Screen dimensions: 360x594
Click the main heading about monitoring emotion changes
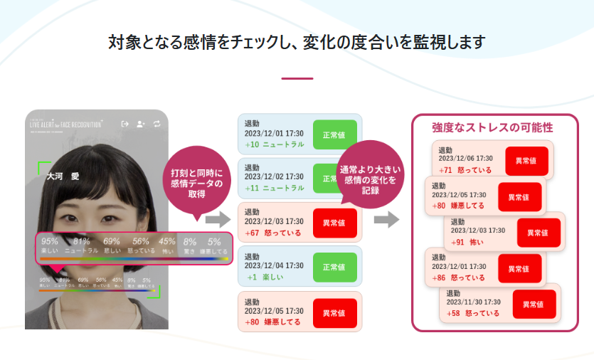point(297,42)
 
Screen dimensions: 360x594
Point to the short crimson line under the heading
point(297,78)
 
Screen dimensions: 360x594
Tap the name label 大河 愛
point(63,174)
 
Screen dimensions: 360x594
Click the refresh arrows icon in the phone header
point(157,124)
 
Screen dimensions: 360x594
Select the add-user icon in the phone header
point(141,124)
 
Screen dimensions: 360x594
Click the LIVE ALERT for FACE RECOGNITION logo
point(65,123)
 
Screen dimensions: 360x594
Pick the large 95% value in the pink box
point(50,241)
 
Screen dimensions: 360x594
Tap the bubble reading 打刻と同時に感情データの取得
point(197,179)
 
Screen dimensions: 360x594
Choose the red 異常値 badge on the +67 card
point(334,223)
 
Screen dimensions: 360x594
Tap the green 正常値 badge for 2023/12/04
point(334,267)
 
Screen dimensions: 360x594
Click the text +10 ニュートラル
point(274,144)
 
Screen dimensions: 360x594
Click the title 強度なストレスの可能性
point(492,127)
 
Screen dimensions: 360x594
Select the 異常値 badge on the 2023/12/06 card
point(526,160)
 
